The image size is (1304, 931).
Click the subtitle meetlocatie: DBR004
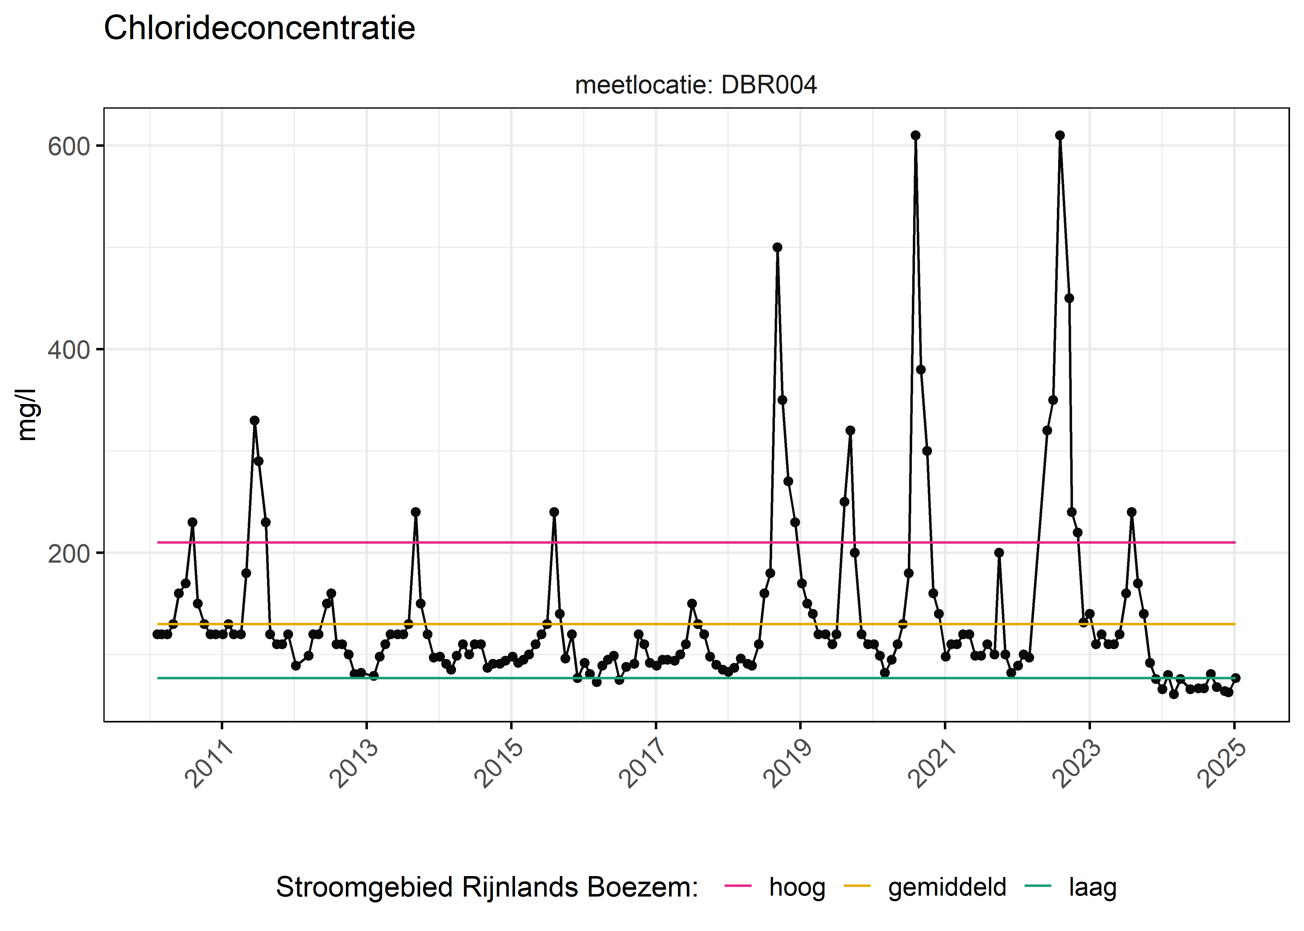click(x=695, y=85)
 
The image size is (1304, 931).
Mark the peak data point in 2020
click(x=916, y=135)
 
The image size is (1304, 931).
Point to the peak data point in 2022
click(x=1060, y=135)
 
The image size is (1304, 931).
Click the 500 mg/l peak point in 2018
click(x=777, y=248)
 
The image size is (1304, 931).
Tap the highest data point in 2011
click(x=255, y=421)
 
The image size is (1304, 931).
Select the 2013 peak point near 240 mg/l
click(x=416, y=512)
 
